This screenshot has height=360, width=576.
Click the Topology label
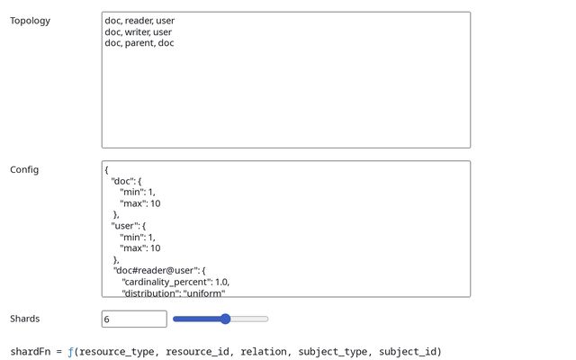31,21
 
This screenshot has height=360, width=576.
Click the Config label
24,169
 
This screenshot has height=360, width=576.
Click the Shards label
24,319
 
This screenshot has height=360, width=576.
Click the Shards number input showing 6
134,319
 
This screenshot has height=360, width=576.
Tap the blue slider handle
225,319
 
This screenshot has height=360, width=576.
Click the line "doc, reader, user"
139,21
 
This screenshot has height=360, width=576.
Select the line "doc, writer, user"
138,31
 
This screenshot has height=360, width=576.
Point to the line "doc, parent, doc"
139,43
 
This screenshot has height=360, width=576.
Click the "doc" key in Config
122,181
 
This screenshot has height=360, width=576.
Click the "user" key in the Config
125,226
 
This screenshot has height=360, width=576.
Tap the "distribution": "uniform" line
173,292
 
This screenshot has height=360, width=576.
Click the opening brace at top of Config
106,169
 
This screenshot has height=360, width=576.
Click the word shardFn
31,351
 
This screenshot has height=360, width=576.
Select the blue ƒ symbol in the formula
70,351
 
